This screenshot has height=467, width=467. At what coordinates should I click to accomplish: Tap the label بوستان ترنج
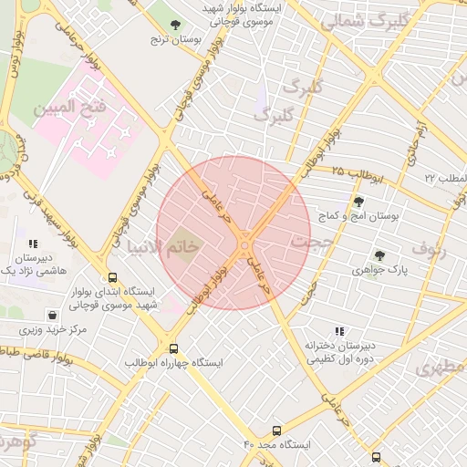pos(174,42)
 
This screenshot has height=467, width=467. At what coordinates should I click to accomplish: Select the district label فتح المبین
pos(70,108)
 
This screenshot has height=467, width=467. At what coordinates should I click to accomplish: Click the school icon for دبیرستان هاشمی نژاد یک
pos(34,244)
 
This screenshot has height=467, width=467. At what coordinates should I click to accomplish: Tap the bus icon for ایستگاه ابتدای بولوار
pos(112,277)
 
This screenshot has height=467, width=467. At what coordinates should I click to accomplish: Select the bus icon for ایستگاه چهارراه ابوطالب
pos(173,348)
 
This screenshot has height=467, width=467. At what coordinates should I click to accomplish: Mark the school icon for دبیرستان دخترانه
pos(339,332)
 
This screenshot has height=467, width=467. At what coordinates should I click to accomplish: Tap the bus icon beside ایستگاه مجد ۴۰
pos(276,430)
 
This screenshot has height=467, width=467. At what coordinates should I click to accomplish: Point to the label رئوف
pos(429,247)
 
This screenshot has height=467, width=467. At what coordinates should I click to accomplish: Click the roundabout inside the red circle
pos(244,243)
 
